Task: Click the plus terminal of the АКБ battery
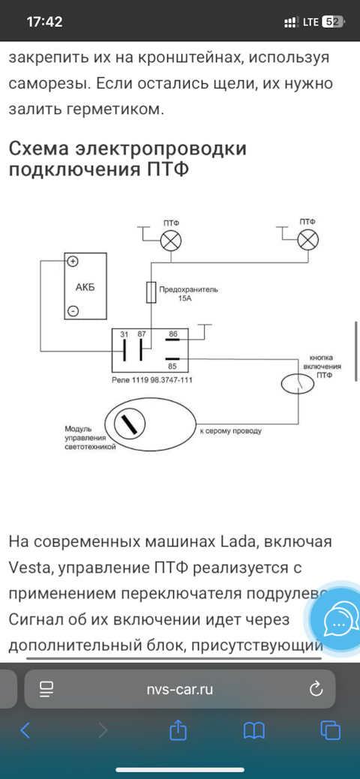coord(73,261)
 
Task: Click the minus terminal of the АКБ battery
coord(73,311)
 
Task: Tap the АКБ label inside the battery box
coord(85,287)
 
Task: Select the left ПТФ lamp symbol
coord(171,241)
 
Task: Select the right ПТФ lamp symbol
coord(307,241)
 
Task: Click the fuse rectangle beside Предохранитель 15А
coord(151,292)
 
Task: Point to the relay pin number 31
coord(124,334)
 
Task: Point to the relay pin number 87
coord(142,334)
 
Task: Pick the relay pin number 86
coord(173,334)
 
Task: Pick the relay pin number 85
coord(173,366)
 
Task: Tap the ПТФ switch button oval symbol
coord(298,384)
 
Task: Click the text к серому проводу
coord(231,431)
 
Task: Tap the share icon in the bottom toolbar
coord(177,730)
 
